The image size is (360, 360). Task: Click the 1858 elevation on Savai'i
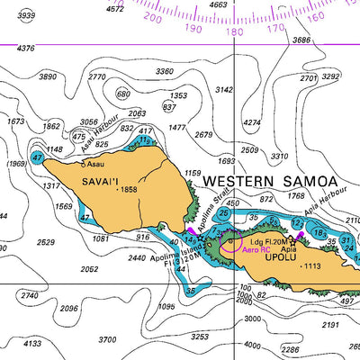coord(127,190)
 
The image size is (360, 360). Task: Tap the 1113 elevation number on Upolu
coord(311,266)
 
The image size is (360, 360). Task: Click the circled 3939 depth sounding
coord(27,15)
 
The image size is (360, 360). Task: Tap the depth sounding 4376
coord(25,49)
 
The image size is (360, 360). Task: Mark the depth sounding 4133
coord(31,343)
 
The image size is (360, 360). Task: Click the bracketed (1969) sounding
coord(16,164)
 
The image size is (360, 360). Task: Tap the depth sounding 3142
coord(225,90)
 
